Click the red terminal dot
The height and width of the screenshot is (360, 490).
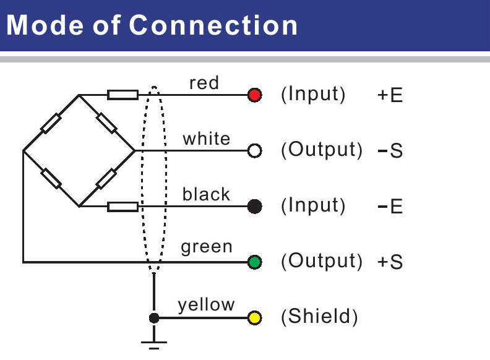pyautogui.click(x=254, y=95)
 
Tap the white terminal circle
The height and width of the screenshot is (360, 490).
pyautogui.click(x=254, y=151)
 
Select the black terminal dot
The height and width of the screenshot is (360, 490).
pyautogui.click(x=254, y=207)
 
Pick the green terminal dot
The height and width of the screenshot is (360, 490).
pyautogui.click(x=254, y=262)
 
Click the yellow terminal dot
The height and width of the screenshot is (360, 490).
pyautogui.click(x=254, y=319)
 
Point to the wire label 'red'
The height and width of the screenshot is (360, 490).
pyautogui.click(x=204, y=83)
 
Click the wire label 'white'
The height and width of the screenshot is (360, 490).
pyautogui.click(x=206, y=139)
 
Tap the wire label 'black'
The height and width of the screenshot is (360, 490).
pyautogui.click(x=206, y=194)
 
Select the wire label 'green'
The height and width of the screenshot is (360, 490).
pyautogui.click(x=207, y=247)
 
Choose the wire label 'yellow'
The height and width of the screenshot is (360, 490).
pyautogui.click(x=207, y=305)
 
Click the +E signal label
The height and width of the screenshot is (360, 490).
pyautogui.click(x=390, y=96)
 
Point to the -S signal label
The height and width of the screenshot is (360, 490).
pyautogui.click(x=390, y=151)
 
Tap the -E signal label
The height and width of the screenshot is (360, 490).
pyautogui.click(x=390, y=207)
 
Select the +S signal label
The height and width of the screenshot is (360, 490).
pyautogui.click(x=390, y=262)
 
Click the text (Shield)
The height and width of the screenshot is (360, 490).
pyautogui.click(x=319, y=317)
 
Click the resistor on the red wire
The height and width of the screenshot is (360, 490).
pyautogui.click(x=123, y=95)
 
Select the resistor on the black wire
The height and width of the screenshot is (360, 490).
pyautogui.click(x=123, y=207)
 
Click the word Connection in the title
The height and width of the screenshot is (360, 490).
pyautogui.click(x=214, y=25)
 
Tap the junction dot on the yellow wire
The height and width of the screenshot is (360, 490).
pyautogui.click(x=154, y=319)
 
